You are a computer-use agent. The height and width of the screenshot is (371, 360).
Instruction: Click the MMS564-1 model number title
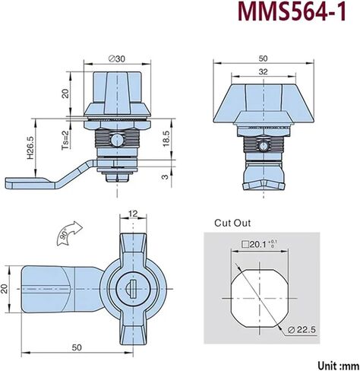(x=292, y=11)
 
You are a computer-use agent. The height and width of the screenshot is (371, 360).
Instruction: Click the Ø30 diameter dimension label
(x=117, y=59)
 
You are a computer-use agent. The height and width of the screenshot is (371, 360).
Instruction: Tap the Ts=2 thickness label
(x=65, y=140)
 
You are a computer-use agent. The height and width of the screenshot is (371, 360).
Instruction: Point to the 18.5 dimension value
(x=166, y=138)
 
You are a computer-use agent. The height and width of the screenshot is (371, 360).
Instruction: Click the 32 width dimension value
(x=264, y=72)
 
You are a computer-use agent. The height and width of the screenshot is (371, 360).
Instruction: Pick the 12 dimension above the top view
(x=133, y=214)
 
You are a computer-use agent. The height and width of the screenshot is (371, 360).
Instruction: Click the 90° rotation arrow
(x=69, y=233)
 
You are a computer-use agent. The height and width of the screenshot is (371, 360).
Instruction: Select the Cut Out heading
(x=232, y=223)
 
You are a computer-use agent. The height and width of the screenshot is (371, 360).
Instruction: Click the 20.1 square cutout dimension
(x=258, y=245)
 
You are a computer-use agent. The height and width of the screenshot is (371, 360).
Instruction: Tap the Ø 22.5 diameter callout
(x=302, y=330)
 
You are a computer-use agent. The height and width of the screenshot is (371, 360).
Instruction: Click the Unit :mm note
(x=338, y=366)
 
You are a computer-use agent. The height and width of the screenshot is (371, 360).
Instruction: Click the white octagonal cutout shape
(x=260, y=298)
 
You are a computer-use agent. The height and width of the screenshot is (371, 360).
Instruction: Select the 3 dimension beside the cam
(x=165, y=176)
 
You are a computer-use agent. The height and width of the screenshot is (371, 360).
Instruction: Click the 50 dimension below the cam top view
(x=77, y=347)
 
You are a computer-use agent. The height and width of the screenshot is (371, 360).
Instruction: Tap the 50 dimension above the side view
(x=264, y=59)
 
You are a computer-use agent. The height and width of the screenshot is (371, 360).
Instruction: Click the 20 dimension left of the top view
(x=5, y=289)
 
